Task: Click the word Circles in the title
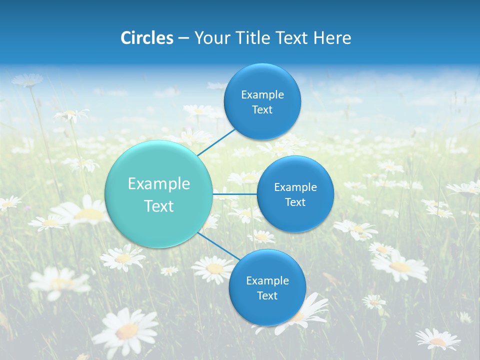click(146, 38)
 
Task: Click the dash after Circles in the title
click(183, 38)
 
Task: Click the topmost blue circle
click(262, 102)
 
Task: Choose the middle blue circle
click(295, 194)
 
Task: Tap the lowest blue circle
click(267, 288)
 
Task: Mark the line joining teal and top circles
click(216, 142)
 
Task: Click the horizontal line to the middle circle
click(235, 194)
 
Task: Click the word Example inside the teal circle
click(159, 184)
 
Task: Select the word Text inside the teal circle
click(159, 206)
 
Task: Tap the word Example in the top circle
click(262, 95)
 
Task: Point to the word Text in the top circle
click(262, 110)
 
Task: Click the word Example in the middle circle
click(295, 187)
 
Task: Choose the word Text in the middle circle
click(295, 202)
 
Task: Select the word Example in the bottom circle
click(267, 281)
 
